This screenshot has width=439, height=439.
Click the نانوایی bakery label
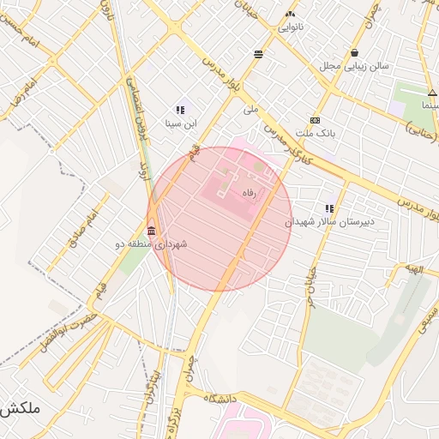pos(289,27)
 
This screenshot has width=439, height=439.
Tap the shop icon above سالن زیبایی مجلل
pos(354,52)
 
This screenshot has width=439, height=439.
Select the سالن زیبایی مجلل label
pos(354,65)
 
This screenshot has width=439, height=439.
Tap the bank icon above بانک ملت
pos(316,121)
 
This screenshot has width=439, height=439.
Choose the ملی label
pos(250,110)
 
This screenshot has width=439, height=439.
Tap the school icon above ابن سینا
pos(181,110)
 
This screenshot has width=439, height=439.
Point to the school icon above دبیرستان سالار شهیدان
pos(329,208)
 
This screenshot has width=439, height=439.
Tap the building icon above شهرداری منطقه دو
pos(152,231)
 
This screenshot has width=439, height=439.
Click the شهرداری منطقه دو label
pos(151,244)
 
